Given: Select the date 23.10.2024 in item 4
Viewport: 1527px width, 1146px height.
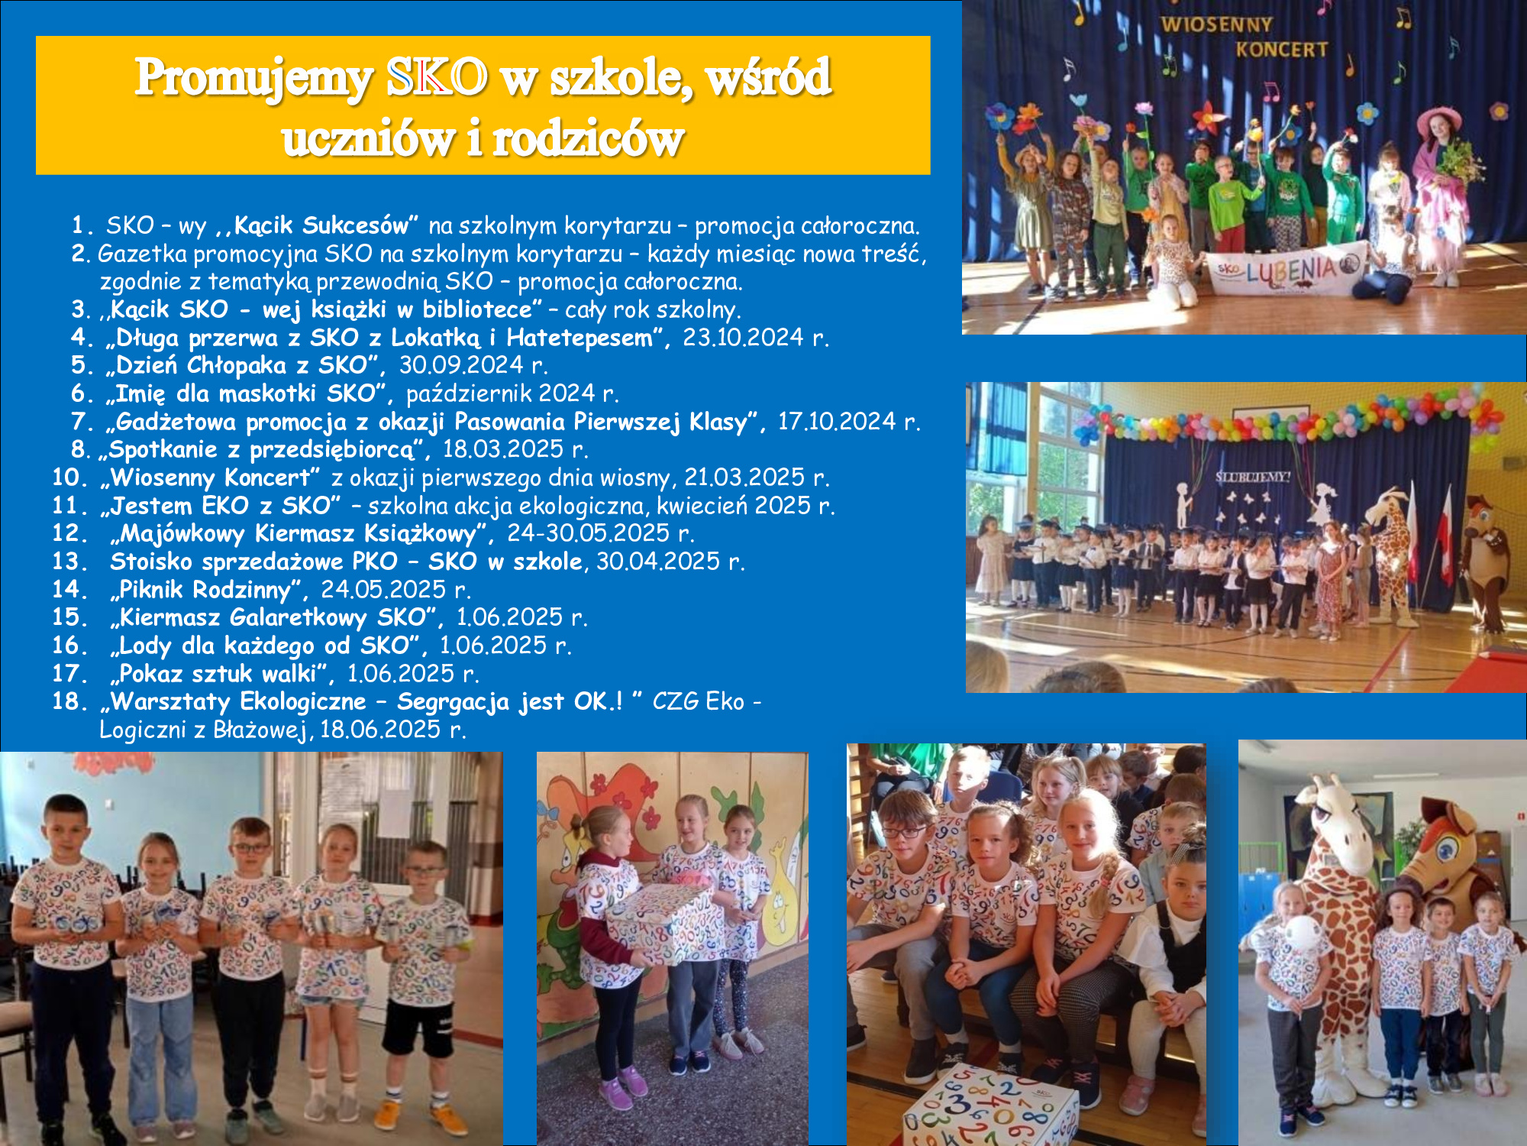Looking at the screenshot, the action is pyautogui.click(x=743, y=337).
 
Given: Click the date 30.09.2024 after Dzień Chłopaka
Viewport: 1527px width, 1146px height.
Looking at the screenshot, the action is pyautogui.click(x=461, y=364).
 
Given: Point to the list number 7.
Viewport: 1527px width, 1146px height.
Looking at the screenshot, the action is pyautogui.click(x=82, y=421).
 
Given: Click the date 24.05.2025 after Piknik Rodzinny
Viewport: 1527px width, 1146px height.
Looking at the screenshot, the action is pyautogui.click(x=383, y=589).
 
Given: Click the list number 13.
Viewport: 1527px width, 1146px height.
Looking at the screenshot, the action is pyautogui.click(x=70, y=562).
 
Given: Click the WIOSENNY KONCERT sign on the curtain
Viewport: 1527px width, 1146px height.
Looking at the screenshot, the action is pyautogui.click(x=1245, y=37).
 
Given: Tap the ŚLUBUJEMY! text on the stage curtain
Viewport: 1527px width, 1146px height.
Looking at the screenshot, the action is pyautogui.click(x=1253, y=477).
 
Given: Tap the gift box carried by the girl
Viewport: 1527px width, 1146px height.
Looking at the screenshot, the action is pyautogui.click(x=661, y=922).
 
